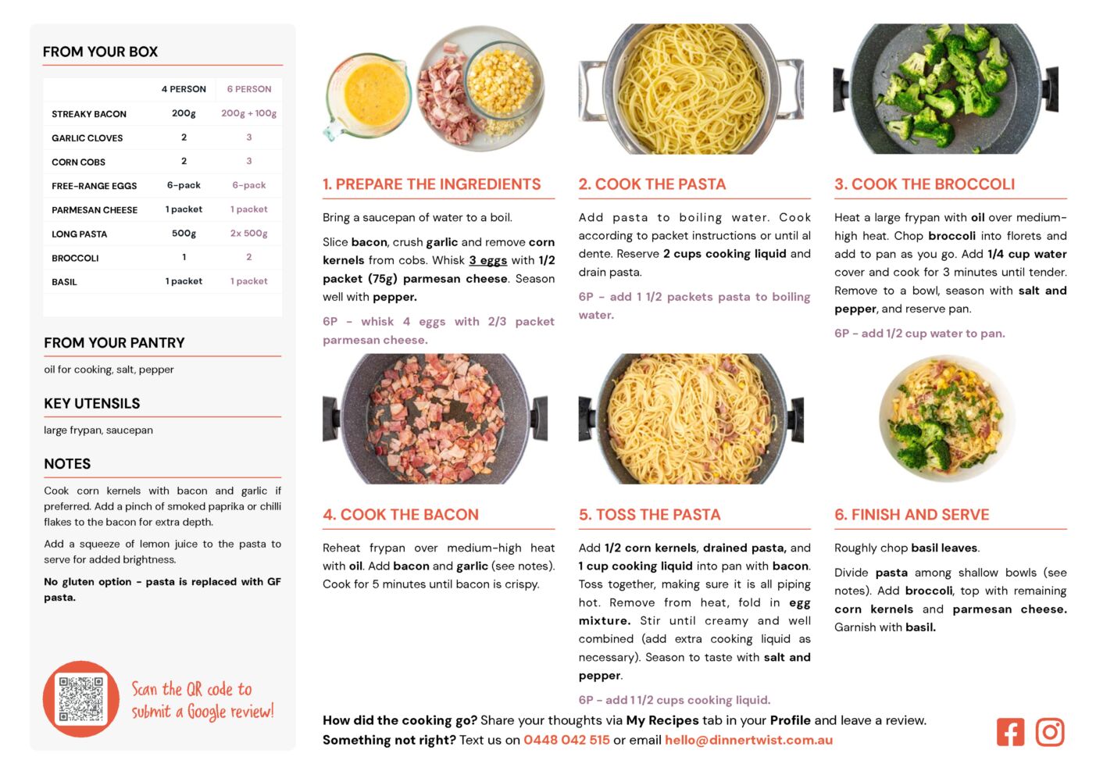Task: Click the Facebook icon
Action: pyautogui.click(x=1010, y=732)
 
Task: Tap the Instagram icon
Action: pyautogui.click(x=1050, y=732)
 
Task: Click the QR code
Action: pyautogui.click(x=81, y=699)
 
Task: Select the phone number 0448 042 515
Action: pyautogui.click(x=566, y=740)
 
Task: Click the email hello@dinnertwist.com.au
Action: pyautogui.click(x=748, y=740)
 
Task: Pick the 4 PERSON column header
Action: pyautogui.click(x=184, y=89)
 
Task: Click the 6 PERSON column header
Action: pyautogui.click(x=249, y=89)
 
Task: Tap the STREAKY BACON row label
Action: pyautogui.click(x=89, y=114)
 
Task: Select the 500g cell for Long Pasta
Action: pyautogui.click(x=184, y=234)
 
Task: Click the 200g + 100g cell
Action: pyautogui.click(x=249, y=113)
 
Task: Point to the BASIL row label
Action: pyautogui.click(x=65, y=282)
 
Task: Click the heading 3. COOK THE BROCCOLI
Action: pyautogui.click(x=925, y=184)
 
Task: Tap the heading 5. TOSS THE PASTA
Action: pyautogui.click(x=649, y=514)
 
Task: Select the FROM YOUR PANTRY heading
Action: pyautogui.click(x=114, y=342)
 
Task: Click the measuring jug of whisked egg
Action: pyautogui.click(x=368, y=96)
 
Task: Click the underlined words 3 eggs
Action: pyautogui.click(x=487, y=260)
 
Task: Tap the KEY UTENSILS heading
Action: pyautogui.click(x=92, y=403)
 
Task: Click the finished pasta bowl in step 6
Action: pyautogui.click(x=946, y=419)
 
